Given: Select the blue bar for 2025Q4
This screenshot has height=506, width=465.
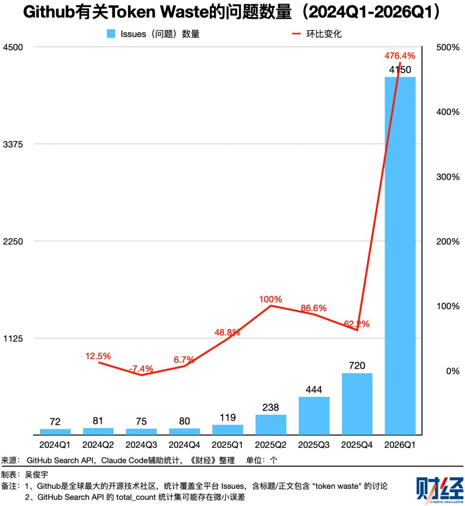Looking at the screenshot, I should pyautogui.click(x=357, y=404).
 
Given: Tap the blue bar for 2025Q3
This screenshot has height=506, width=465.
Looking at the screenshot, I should pyautogui.click(x=314, y=416).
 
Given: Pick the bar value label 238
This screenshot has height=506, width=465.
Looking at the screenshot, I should pyautogui.click(x=270, y=407).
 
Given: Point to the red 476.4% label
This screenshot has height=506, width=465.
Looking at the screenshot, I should pyautogui.click(x=400, y=56).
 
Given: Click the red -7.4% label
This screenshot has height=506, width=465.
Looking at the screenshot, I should pyautogui.click(x=141, y=369).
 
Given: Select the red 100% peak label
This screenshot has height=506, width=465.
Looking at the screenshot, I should pyautogui.click(x=270, y=299).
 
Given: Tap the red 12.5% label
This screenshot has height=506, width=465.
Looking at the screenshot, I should pyautogui.click(x=98, y=356).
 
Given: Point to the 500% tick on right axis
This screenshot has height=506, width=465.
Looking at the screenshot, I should pyautogui.click(x=448, y=47).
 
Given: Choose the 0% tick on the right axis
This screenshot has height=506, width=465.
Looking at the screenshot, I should pyautogui.click(x=453, y=371).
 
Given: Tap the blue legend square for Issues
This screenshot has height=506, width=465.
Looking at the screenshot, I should pyautogui.click(x=111, y=34).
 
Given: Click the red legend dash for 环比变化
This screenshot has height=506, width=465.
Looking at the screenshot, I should pyautogui.click(x=296, y=34).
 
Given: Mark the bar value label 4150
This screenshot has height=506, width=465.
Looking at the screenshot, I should pyautogui.click(x=400, y=70).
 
